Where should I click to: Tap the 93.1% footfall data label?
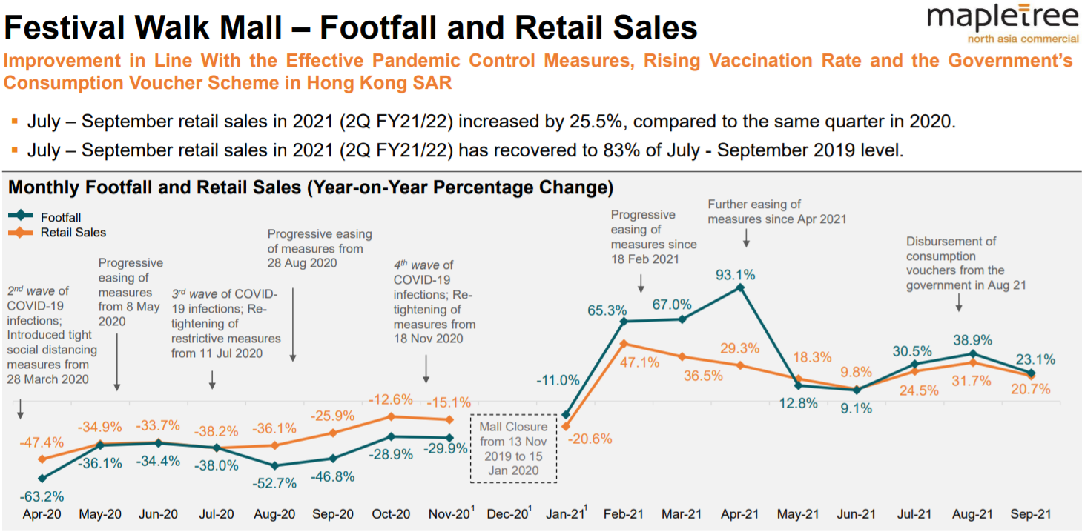click(x=736, y=275)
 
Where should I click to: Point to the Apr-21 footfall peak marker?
click(x=739, y=287)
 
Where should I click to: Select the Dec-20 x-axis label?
click(x=508, y=514)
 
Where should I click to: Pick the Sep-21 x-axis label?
click(x=1029, y=514)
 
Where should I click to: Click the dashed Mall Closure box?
click(x=513, y=448)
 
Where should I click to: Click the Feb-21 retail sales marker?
click(x=624, y=343)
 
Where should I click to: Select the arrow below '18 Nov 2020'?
click(x=426, y=368)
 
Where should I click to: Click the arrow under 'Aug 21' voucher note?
click(x=959, y=302)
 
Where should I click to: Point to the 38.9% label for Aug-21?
click(x=973, y=338)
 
